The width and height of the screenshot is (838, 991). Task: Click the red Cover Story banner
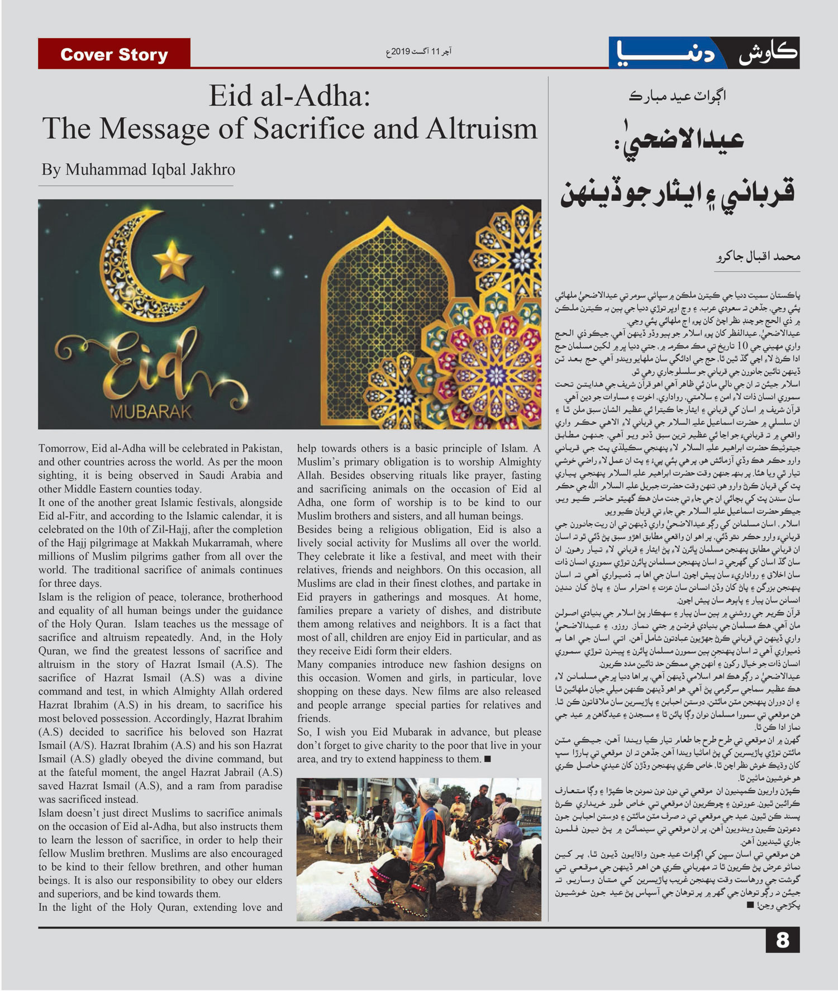click(114, 54)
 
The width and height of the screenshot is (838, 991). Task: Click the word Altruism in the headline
click(481, 129)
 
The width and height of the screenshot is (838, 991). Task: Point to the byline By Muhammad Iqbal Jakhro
click(138, 170)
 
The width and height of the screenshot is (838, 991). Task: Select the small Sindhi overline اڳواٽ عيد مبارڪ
click(677, 97)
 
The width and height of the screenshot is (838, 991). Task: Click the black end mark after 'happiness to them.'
click(487, 759)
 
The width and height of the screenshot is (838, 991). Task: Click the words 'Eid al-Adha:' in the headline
click(289, 96)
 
